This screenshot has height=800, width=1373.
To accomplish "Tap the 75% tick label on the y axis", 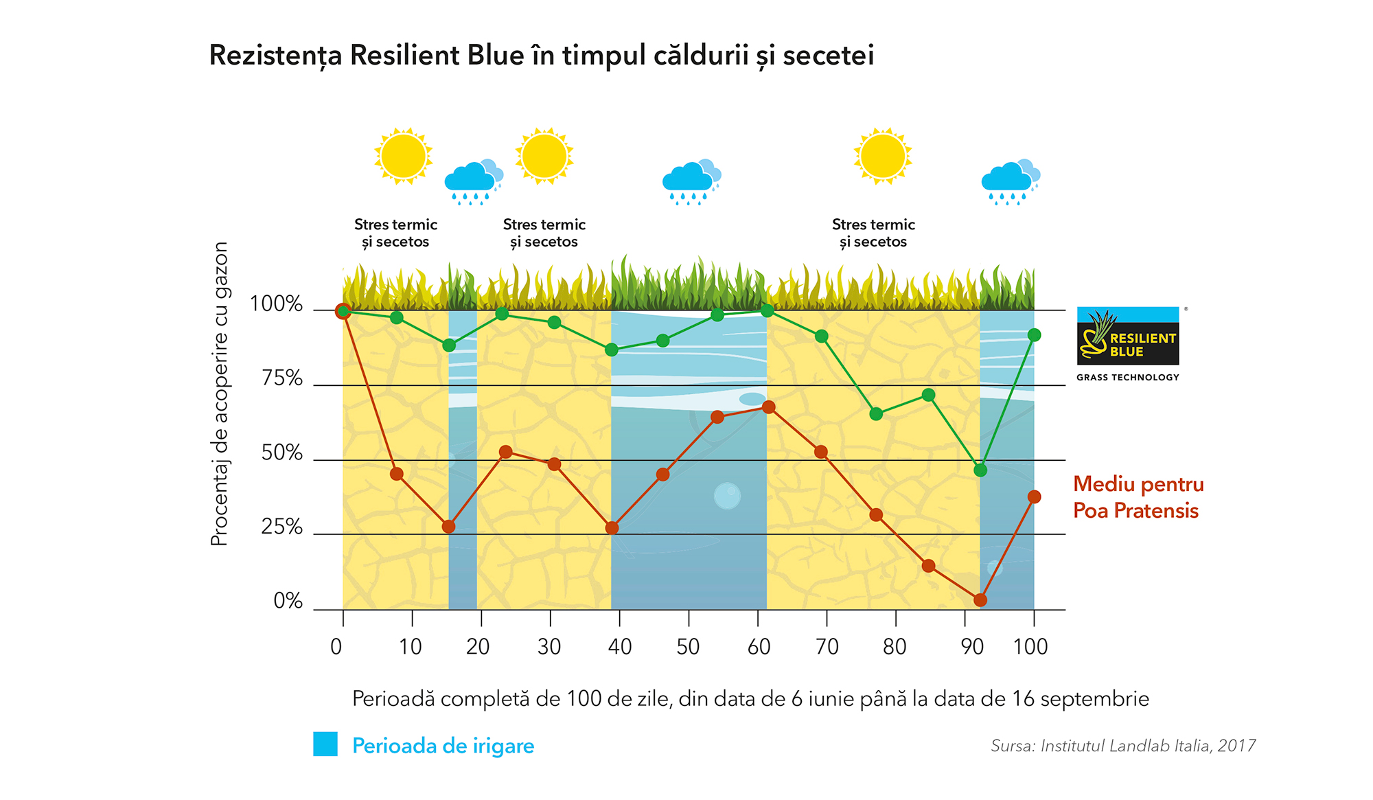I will (x=282, y=378).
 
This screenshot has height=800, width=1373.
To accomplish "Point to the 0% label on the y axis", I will (x=288, y=601).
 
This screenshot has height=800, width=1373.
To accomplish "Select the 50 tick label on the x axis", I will (x=688, y=647).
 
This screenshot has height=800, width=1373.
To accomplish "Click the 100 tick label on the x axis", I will (x=1030, y=647).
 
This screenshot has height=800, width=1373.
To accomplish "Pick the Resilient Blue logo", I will (x=1128, y=336).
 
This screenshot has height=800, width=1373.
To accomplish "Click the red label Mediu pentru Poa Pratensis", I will (x=1138, y=497).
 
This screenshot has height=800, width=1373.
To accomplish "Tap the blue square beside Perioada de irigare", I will (x=325, y=744).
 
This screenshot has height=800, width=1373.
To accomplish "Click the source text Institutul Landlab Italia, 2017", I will (x=1148, y=746).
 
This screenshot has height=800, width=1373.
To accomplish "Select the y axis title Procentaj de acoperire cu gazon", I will (x=219, y=393).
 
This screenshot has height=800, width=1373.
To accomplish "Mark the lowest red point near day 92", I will (x=980, y=600).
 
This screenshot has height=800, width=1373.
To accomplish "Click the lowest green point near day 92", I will (x=980, y=470).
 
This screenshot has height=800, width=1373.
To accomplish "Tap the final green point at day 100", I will (x=1035, y=335).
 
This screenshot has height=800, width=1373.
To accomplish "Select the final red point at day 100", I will (x=1035, y=496).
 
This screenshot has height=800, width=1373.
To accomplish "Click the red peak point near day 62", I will (x=769, y=407).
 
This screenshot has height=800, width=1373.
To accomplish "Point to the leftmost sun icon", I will (x=404, y=157).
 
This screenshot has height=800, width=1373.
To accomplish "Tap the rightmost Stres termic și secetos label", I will (x=873, y=233).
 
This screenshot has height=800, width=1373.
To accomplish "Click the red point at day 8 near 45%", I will (x=397, y=474).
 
